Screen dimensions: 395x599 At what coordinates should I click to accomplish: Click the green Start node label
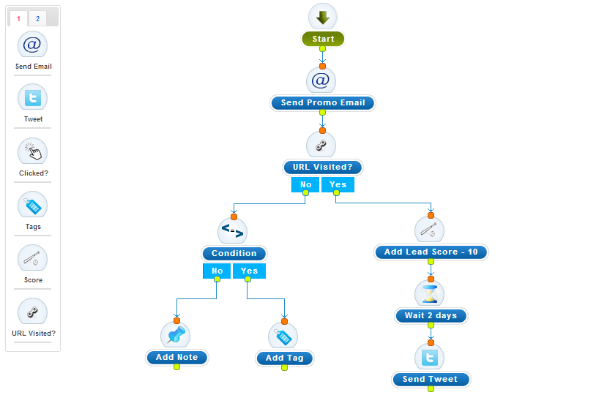pyautogui.click(x=323, y=39)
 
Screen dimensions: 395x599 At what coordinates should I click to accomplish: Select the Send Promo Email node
pyautogui.click(x=323, y=103)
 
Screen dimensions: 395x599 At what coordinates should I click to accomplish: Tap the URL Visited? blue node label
pyautogui.click(x=322, y=168)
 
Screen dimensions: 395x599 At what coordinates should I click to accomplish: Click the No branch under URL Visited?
pyautogui.click(x=305, y=184)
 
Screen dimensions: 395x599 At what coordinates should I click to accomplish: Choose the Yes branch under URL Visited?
pyautogui.click(x=338, y=184)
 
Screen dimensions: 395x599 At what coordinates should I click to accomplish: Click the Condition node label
pyautogui.click(x=234, y=253)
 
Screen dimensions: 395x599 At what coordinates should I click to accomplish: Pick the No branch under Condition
pyautogui.click(x=217, y=271)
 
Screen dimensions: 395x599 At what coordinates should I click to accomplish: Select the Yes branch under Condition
pyautogui.click(x=249, y=271)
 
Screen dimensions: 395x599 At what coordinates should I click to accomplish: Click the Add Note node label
pyautogui.click(x=177, y=357)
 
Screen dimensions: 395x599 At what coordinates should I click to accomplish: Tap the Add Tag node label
pyautogui.click(x=285, y=358)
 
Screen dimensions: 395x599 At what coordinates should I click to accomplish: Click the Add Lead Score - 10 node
pyautogui.click(x=431, y=252)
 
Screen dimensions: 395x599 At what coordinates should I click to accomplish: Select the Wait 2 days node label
pyautogui.click(x=431, y=316)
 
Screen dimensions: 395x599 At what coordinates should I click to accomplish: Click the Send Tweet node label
pyautogui.click(x=431, y=379)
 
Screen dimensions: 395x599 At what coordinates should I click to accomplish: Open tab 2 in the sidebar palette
pyautogui.click(x=37, y=18)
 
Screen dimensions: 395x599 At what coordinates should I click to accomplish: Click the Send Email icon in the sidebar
pyautogui.click(x=32, y=45)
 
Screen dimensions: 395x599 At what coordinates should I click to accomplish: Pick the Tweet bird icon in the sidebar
pyautogui.click(x=32, y=98)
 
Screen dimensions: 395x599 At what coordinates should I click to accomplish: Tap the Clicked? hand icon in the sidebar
pyautogui.click(x=32, y=151)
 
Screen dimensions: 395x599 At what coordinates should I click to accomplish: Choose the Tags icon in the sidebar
pyautogui.click(x=32, y=205)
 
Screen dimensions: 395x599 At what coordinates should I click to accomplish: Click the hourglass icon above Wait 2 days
pyautogui.click(x=431, y=293)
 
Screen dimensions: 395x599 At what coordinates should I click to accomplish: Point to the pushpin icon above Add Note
pyautogui.click(x=176, y=335)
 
